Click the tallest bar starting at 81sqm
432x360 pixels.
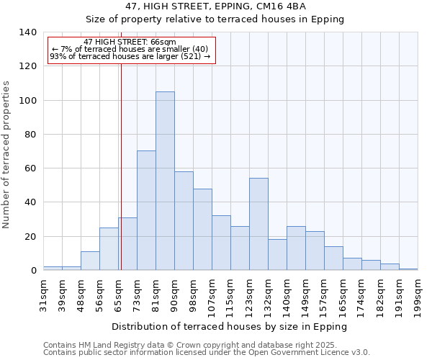click(x=165, y=181)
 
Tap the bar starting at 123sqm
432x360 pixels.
click(x=258, y=224)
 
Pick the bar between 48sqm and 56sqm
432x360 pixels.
click(x=90, y=261)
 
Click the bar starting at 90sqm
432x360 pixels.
click(x=184, y=220)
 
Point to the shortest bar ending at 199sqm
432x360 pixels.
click(x=408, y=269)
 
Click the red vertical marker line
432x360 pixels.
click(x=121, y=180)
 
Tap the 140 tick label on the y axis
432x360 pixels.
click(x=28, y=32)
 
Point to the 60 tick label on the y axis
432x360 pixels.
click(x=31, y=168)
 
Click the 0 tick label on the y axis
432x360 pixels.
click(x=34, y=271)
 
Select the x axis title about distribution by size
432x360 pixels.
click(x=230, y=326)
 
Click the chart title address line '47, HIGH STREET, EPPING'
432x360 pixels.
click(x=216, y=6)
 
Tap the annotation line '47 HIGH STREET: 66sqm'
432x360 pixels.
click(x=130, y=42)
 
